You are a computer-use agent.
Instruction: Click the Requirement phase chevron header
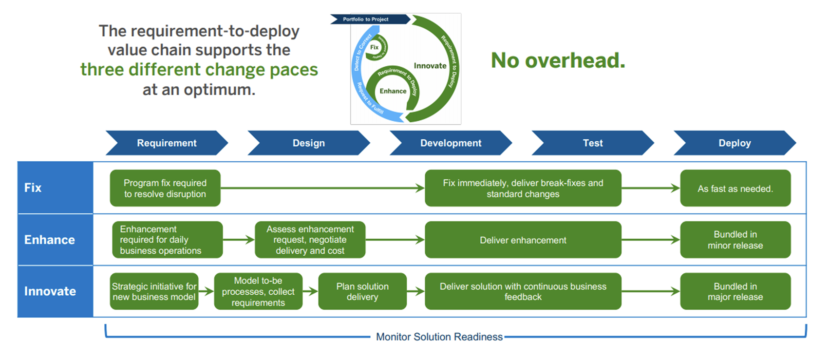click(x=167, y=143)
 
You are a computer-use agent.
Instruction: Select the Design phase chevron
click(x=308, y=143)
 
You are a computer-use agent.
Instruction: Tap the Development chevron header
click(x=451, y=143)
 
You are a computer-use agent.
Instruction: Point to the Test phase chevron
click(x=592, y=143)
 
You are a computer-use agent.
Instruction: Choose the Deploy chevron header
click(x=735, y=143)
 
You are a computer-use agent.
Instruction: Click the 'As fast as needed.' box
click(x=735, y=189)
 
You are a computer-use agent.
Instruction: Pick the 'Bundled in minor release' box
click(x=735, y=240)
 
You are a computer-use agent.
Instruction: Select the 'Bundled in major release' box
click(x=735, y=291)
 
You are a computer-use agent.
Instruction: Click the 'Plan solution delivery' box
click(x=362, y=291)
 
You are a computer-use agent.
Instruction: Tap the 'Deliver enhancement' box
click(x=523, y=240)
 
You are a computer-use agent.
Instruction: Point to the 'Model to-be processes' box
click(x=258, y=291)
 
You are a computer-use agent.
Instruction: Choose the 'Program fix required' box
click(x=165, y=188)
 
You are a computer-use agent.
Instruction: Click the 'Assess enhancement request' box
click(x=310, y=240)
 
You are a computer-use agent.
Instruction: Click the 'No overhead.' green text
click(x=558, y=60)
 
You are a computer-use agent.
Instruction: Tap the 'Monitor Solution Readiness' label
click(x=439, y=337)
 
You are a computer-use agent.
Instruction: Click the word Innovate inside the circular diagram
click(x=430, y=66)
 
